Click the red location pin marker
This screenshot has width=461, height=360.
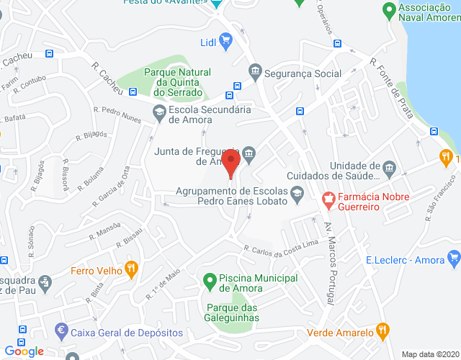point(230,163)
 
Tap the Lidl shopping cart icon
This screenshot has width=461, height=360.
point(226,40)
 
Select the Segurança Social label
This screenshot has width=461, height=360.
point(303,73)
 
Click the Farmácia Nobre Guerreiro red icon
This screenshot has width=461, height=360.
point(328,197)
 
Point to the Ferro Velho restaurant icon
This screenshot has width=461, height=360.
point(130,271)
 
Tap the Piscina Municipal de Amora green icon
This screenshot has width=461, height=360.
point(210,279)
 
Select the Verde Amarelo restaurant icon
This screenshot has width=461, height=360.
point(383,332)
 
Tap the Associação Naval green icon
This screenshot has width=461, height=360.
point(388,12)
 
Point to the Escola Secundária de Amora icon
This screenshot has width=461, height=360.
point(158,111)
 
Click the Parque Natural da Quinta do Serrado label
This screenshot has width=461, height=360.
point(177,82)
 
